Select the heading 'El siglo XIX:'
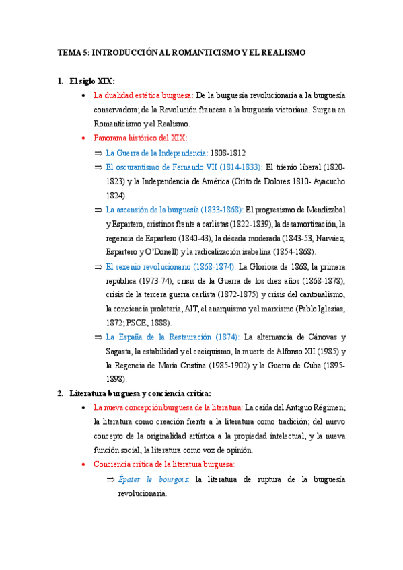(x=92, y=81)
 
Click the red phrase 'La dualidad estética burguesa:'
(x=144, y=95)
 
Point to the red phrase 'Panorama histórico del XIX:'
(x=140, y=138)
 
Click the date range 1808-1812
(x=228, y=153)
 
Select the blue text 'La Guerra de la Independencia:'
(x=157, y=153)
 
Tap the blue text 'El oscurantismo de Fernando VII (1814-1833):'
(x=184, y=167)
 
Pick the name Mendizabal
(x=321, y=210)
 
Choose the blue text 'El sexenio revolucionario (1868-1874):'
(x=171, y=267)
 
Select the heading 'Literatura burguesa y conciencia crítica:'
(x=141, y=393)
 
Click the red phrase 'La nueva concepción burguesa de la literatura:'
(x=168, y=407)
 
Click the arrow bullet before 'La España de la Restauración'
(x=99, y=337)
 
